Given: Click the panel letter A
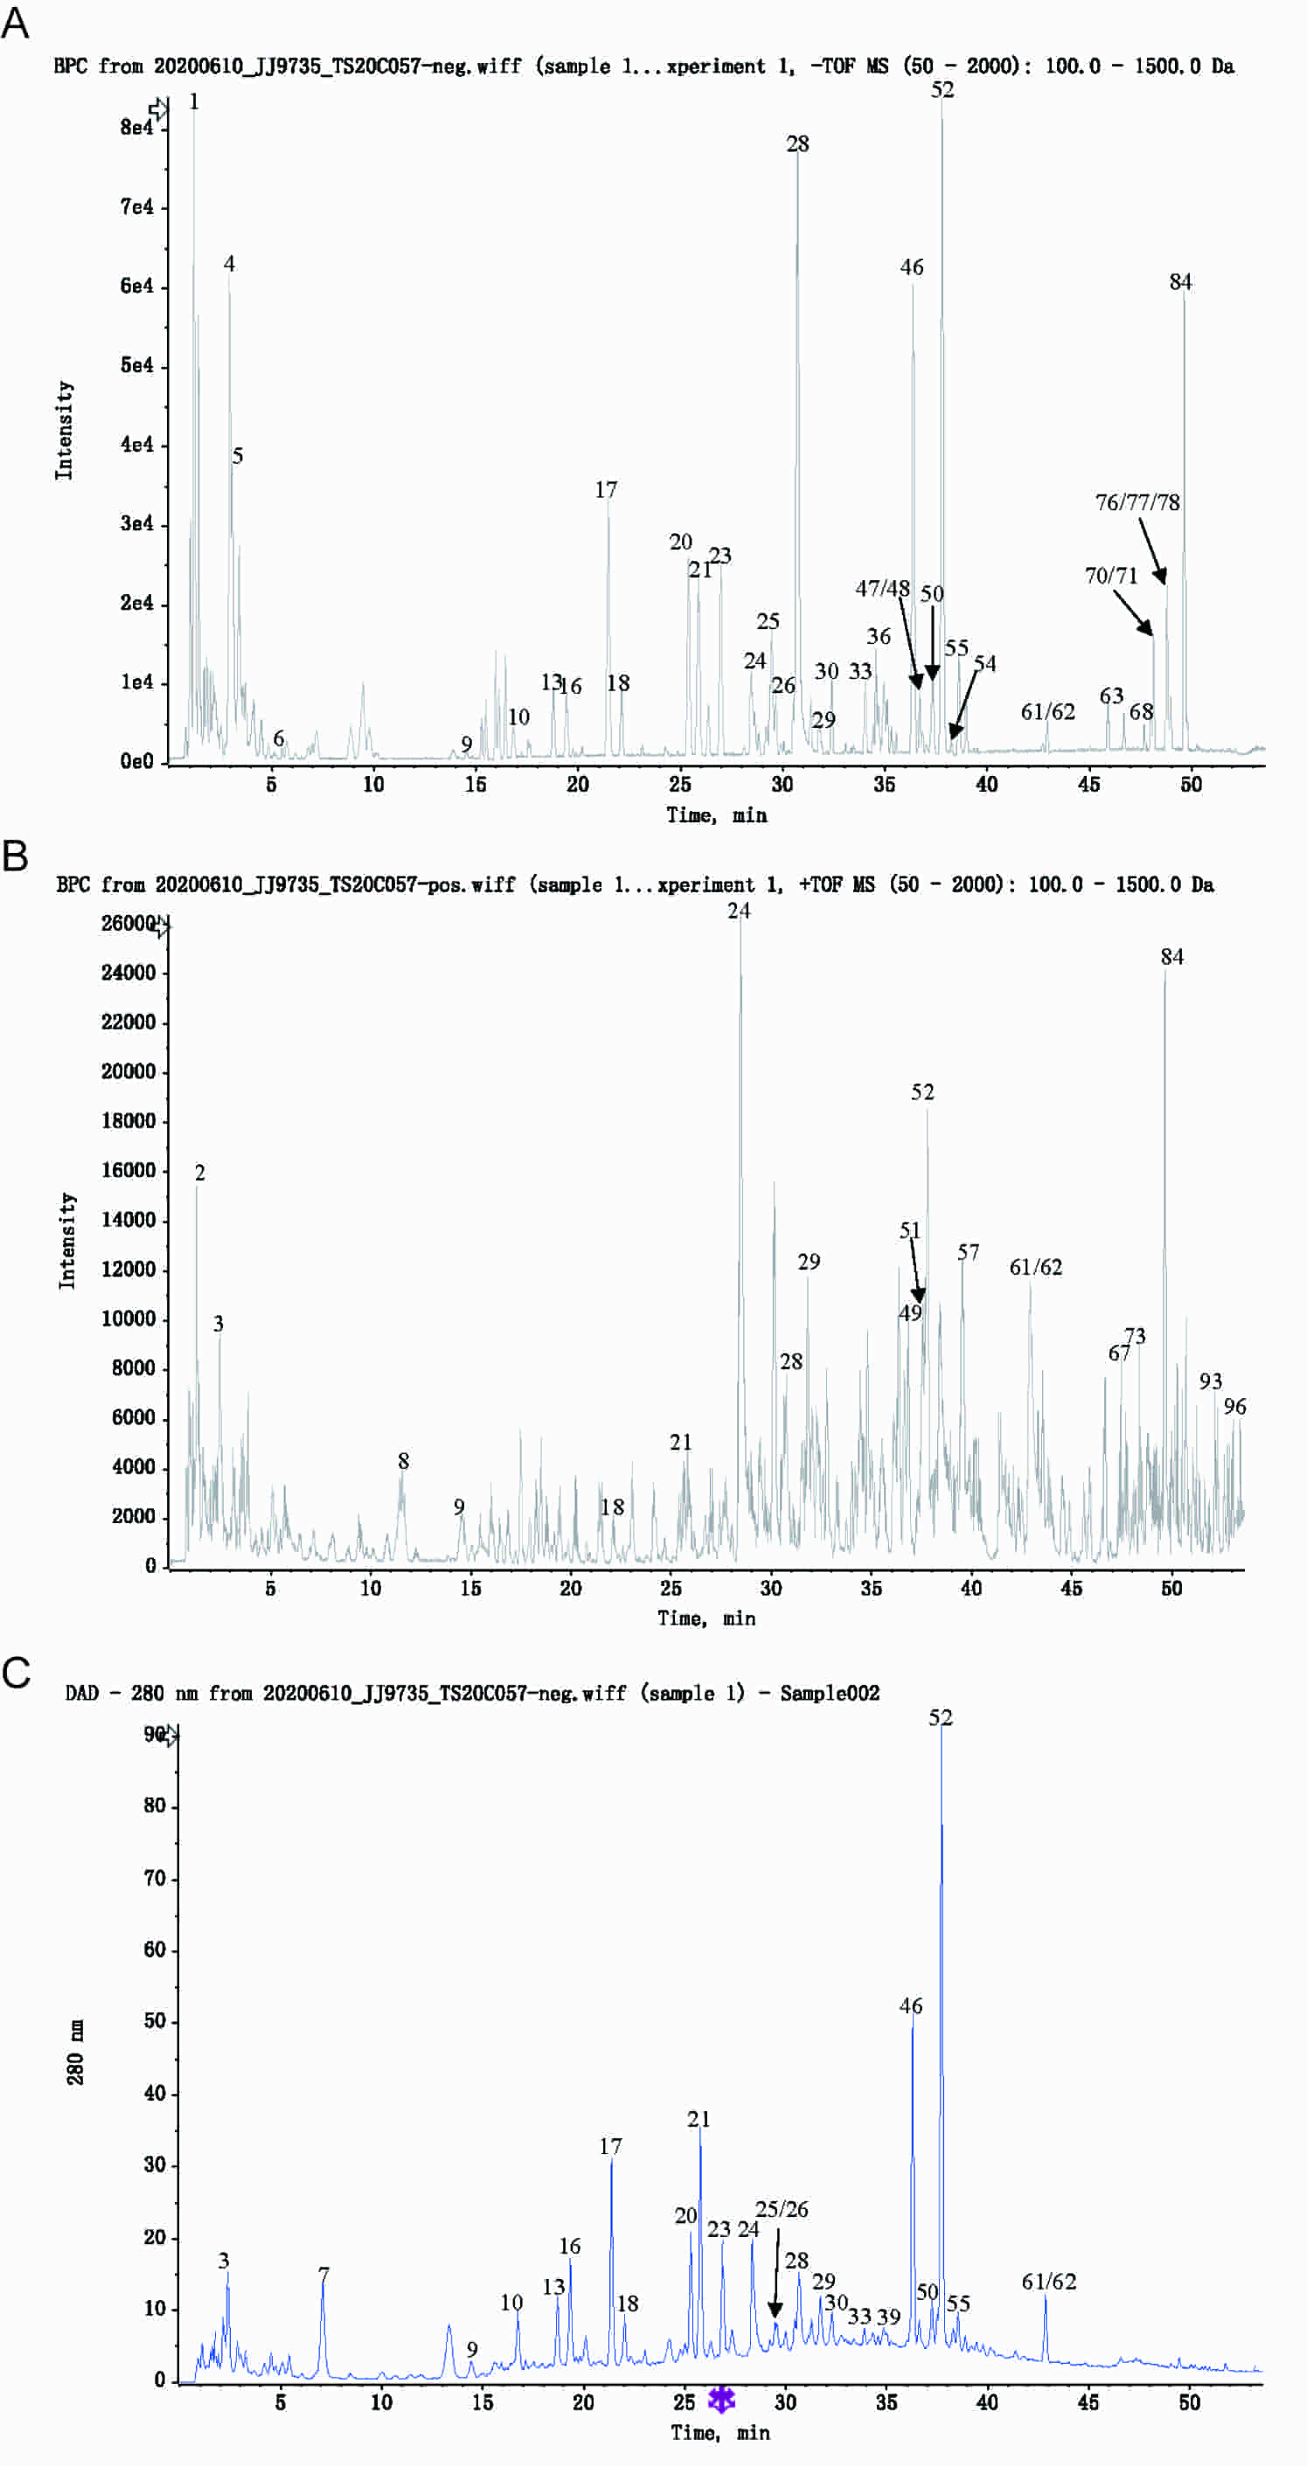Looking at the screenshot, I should point(16,21).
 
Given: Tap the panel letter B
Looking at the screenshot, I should point(16,855).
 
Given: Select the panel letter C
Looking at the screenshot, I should point(17,1673).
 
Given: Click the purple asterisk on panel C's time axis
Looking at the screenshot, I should point(721,2399).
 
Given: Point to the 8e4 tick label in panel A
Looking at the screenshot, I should point(136,128).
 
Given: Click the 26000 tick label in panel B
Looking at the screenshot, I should point(128,923).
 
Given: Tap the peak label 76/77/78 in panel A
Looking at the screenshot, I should point(1137,502).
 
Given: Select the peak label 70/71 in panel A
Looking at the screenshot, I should point(1110,575).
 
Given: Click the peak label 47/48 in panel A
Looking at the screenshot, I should point(882,588).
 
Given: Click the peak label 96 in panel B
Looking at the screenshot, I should point(1234,1406).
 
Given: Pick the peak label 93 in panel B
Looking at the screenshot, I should point(1210,1382).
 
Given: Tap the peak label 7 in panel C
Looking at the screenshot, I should point(323,2274).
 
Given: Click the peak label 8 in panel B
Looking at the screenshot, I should point(403,1461).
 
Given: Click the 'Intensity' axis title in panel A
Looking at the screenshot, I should point(64,430).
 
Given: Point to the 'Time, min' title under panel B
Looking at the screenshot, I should point(706,1617).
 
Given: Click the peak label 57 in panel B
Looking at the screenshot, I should point(968,1252).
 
